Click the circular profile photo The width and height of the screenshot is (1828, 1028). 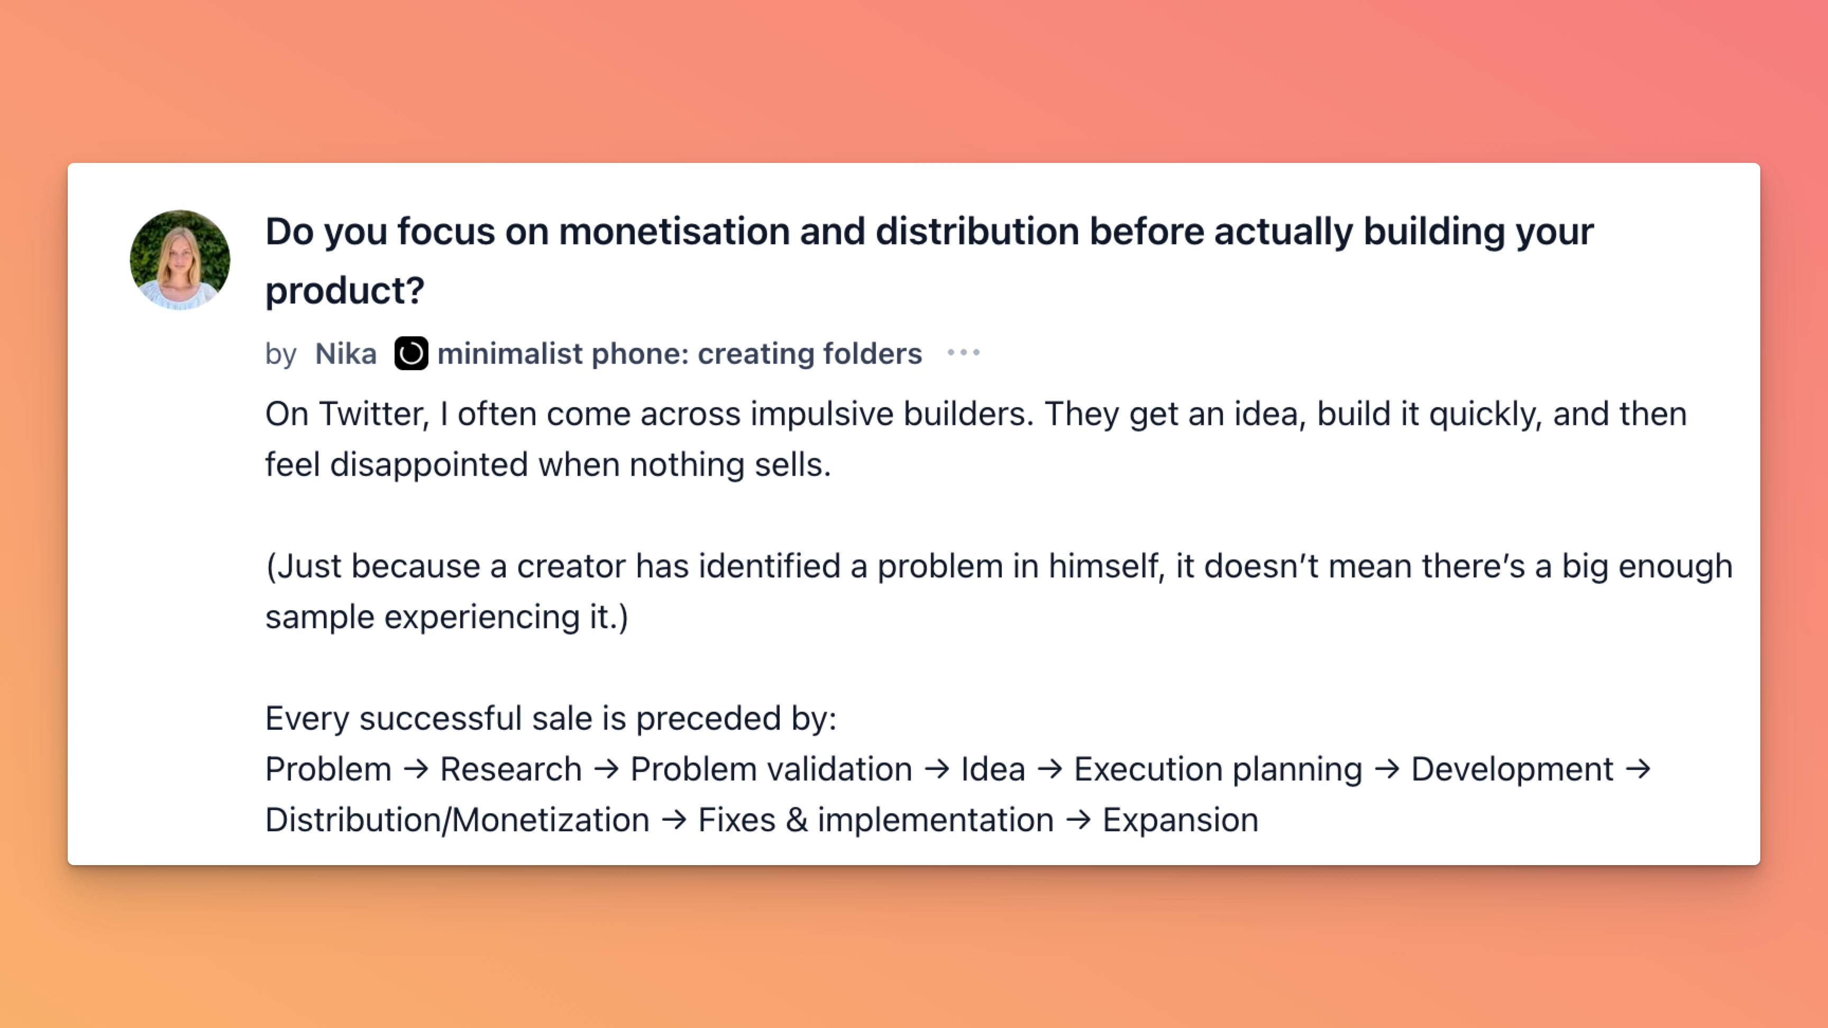click(179, 260)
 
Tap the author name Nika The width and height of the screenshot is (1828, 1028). click(345, 353)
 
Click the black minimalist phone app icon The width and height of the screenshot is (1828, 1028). click(411, 353)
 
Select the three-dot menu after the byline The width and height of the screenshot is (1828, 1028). click(964, 353)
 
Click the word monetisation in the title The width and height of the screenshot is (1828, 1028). click(674, 232)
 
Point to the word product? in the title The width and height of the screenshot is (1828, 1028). click(345, 291)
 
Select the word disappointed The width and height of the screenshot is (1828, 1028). click(428, 465)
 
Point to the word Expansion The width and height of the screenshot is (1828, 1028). click(1180, 821)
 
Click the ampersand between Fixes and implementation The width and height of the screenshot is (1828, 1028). click(796, 821)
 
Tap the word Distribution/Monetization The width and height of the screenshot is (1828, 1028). click(458, 821)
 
